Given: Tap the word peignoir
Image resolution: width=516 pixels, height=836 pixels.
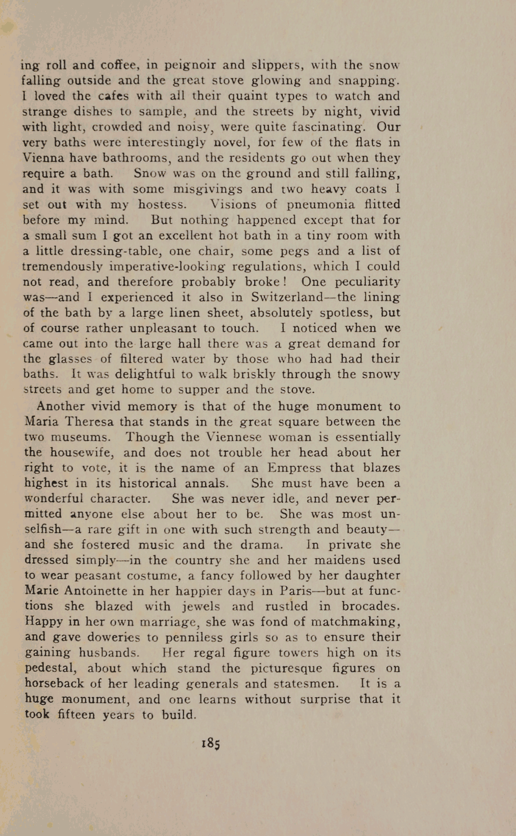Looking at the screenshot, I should (x=190, y=65).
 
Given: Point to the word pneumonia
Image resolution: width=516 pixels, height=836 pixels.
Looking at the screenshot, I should (x=321, y=204).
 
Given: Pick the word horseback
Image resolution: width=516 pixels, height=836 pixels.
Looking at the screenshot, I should (x=54, y=684).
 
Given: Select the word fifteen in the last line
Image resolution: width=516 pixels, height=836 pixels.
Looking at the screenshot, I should (x=76, y=715).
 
